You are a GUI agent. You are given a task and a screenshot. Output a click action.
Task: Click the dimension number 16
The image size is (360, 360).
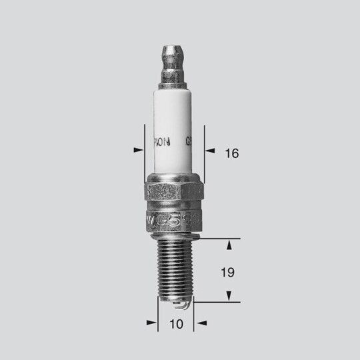231,153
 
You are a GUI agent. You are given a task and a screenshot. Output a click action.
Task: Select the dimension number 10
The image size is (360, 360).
175,325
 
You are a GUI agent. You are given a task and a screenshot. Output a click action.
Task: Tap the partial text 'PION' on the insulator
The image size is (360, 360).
163,141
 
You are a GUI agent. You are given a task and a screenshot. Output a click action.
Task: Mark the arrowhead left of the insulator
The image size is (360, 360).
139,150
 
